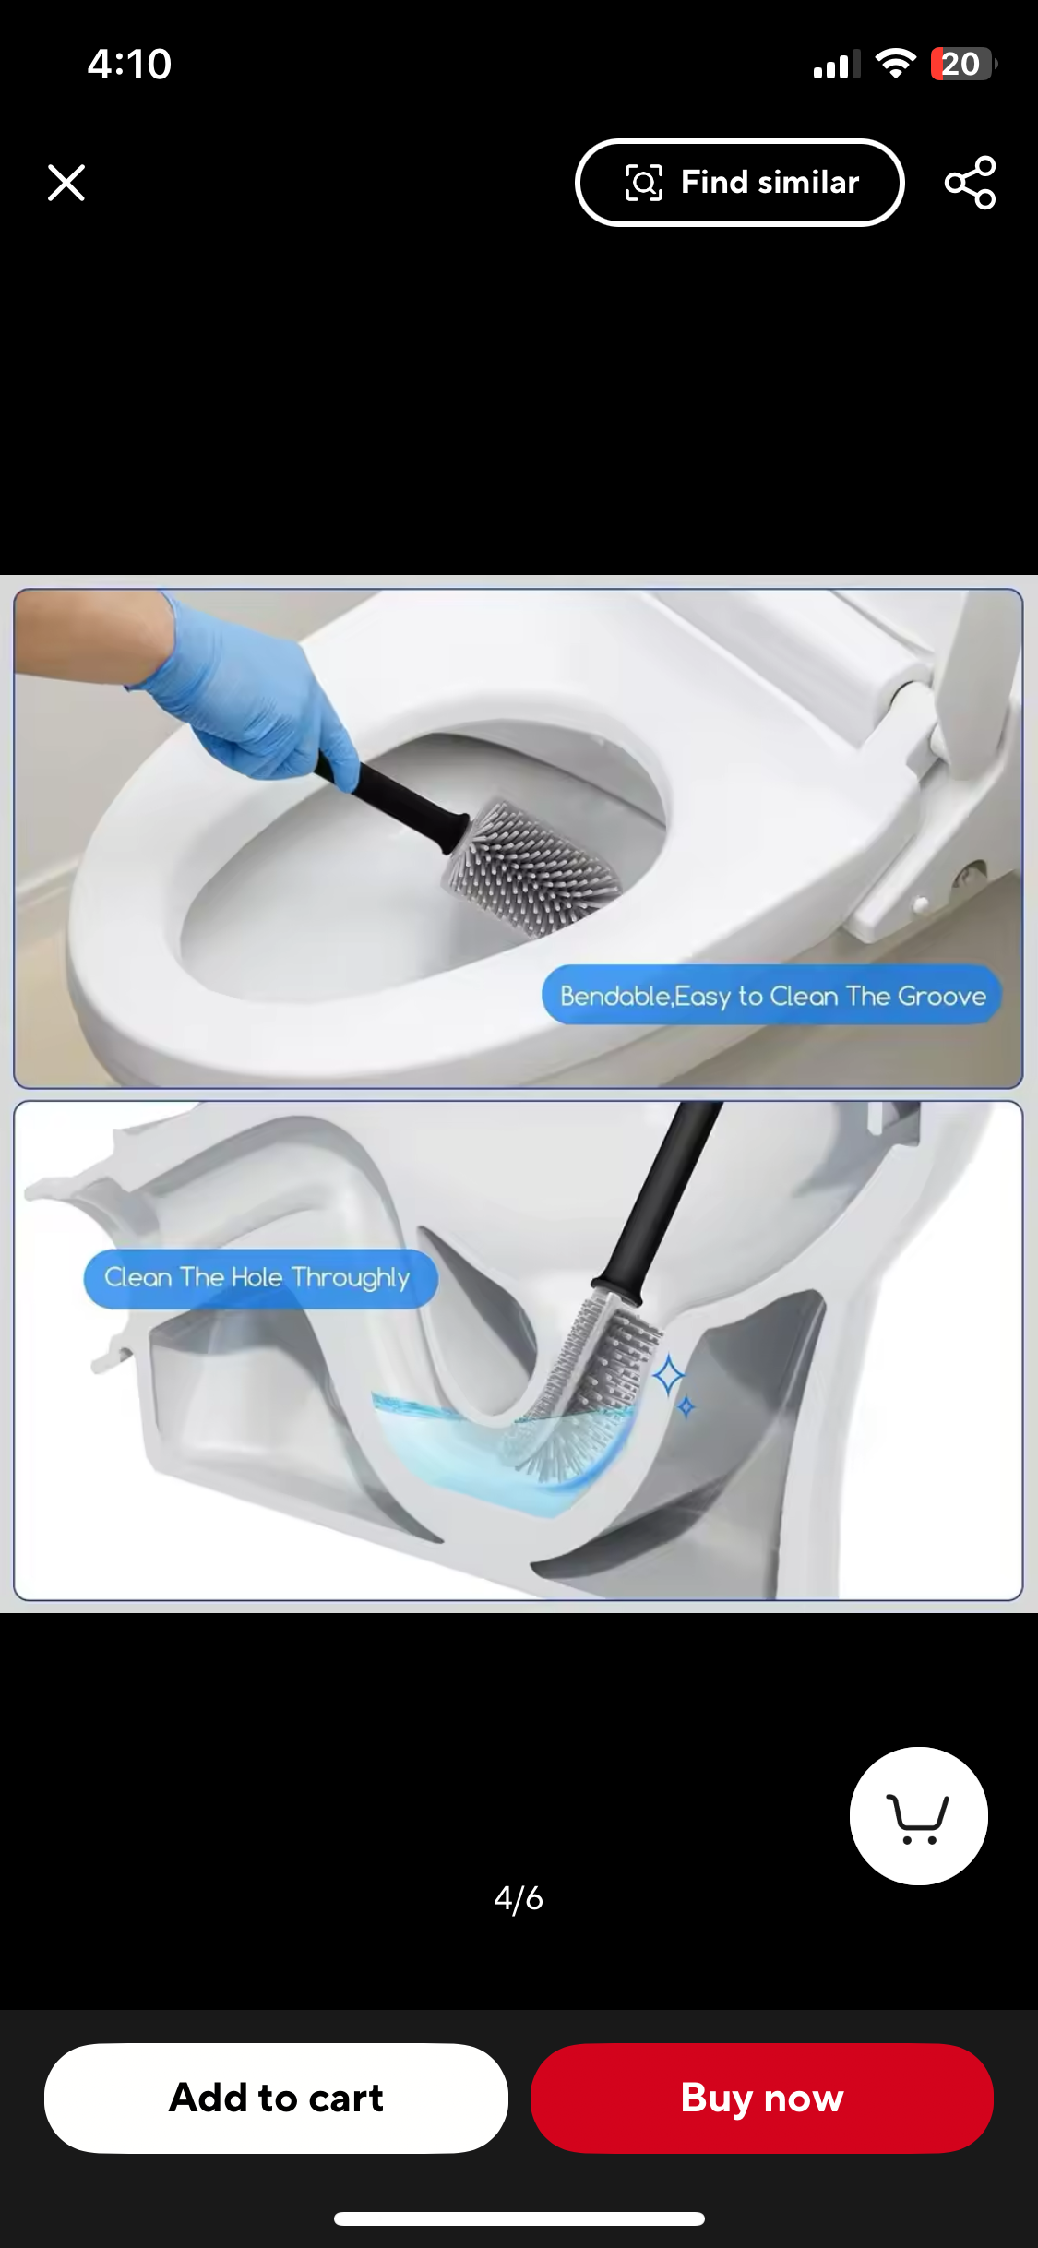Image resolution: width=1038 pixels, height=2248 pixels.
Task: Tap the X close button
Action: coord(66,183)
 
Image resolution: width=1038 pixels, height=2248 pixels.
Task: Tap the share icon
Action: coord(970,183)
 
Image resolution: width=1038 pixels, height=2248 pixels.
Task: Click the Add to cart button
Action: coord(276,2098)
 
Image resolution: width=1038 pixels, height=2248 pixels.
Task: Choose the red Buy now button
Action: coord(761,2098)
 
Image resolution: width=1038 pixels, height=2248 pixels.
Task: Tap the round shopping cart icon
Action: coord(918,1815)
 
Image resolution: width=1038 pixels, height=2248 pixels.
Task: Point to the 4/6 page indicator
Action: coord(519,1898)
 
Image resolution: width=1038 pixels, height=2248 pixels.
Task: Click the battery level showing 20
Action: coord(961,65)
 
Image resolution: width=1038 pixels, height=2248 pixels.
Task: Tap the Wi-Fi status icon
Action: coord(894,64)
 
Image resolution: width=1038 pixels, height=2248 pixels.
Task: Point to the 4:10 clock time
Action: coord(130,65)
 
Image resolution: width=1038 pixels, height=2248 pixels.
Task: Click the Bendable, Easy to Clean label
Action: coord(771,996)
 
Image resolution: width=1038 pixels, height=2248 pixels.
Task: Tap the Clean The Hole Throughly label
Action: coord(258,1278)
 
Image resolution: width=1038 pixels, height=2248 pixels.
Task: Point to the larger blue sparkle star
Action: coord(669,1376)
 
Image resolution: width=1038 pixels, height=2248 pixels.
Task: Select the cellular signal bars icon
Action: coord(836,66)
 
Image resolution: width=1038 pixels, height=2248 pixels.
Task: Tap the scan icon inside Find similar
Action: coord(644,183)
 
